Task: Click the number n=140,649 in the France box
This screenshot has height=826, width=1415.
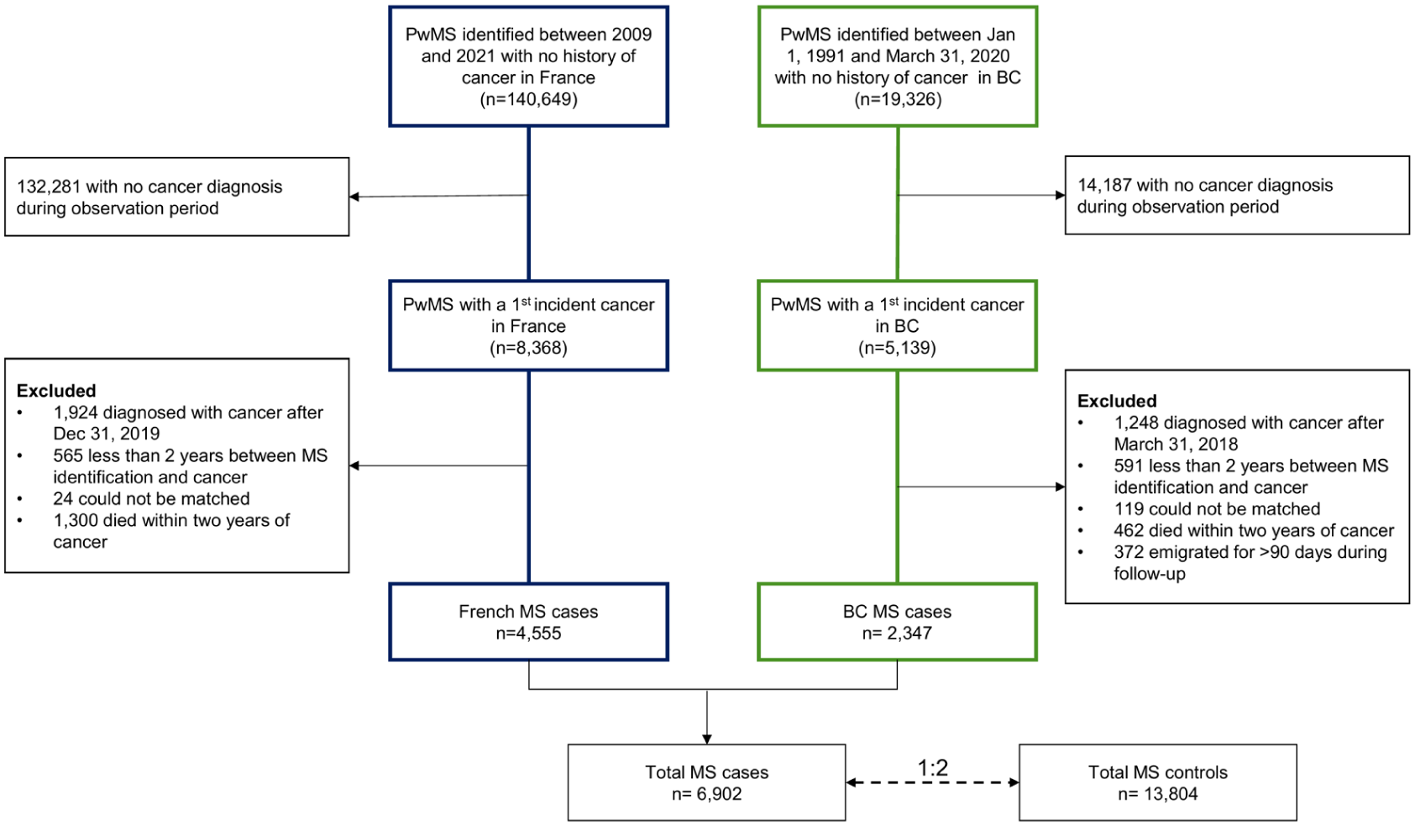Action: [529, 99]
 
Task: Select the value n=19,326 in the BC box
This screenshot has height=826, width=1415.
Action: [898, 99]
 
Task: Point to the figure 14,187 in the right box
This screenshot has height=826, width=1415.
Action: [1103, 185]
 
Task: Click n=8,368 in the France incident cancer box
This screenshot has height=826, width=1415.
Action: [529, 348]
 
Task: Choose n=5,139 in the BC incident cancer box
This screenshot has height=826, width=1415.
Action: [897, 348]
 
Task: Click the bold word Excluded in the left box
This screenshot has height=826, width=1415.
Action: [56, 391]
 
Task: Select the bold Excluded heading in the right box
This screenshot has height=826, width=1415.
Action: [1117, 401]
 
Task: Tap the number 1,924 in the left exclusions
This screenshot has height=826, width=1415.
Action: [76, 413]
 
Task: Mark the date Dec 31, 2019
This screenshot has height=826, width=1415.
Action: [106, 434]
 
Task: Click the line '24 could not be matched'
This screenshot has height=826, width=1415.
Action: [151, 498]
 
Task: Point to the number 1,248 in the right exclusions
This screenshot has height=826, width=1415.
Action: [1136, 423]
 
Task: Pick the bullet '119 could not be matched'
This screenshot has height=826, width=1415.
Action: [1217, 508]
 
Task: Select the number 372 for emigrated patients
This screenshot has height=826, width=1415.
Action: [1128, 552]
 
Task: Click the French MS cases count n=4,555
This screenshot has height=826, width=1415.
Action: [529, 634]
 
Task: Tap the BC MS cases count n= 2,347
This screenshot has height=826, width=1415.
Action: [897, 634]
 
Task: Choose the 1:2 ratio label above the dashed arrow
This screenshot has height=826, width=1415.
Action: [932, 768]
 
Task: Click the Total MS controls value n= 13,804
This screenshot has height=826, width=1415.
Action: [1158, 794]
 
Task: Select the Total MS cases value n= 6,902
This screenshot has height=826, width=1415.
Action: [707, 794]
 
